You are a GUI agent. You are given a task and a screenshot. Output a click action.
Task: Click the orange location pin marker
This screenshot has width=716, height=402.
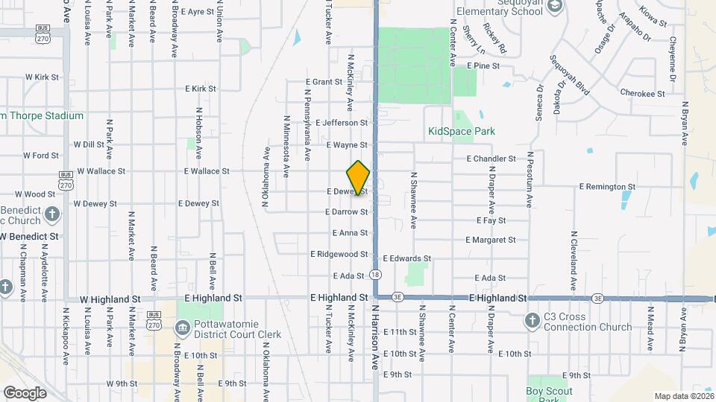pos(359,177)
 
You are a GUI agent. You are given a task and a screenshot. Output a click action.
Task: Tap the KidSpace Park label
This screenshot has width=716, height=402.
pos(462,132)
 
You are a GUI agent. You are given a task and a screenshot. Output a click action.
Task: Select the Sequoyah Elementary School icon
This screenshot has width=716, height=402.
pos(555,6)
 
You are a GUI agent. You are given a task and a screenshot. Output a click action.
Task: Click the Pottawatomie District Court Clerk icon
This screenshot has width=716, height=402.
pos(183,328)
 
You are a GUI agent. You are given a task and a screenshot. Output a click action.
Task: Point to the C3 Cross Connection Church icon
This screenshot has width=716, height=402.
pos(532,321)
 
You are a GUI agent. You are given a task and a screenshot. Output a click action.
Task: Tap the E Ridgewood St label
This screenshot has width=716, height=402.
pos(339,254)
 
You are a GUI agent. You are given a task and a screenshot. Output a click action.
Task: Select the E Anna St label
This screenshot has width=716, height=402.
pos(350,233)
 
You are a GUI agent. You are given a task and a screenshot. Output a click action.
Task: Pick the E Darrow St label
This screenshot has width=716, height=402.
pos(347,212)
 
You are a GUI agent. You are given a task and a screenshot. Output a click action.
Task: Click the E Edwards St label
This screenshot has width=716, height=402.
pos(406,259)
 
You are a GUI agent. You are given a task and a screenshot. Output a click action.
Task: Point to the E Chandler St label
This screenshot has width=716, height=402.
pos(491,159)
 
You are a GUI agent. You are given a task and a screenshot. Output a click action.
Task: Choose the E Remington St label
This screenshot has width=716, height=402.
pos(607,187)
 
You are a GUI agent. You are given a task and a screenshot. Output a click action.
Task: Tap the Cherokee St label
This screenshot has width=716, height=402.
pos(642,94)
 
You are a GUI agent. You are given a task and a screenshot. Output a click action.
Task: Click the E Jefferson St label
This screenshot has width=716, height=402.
pos(342,123)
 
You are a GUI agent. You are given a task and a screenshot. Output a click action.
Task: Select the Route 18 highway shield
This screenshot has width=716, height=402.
pos(374,275)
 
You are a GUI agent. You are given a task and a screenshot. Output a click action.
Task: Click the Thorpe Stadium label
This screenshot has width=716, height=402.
pos(43,116)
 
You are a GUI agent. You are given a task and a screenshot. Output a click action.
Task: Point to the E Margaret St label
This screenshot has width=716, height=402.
pos(490,240)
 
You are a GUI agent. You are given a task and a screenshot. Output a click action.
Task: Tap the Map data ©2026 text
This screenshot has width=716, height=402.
pos(683,396)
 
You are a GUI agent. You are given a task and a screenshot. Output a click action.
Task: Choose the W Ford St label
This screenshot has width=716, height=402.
pos(41,156)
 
